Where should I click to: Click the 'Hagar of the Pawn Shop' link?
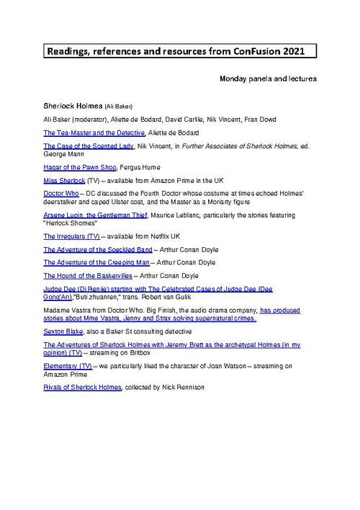(x=75, y=166)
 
